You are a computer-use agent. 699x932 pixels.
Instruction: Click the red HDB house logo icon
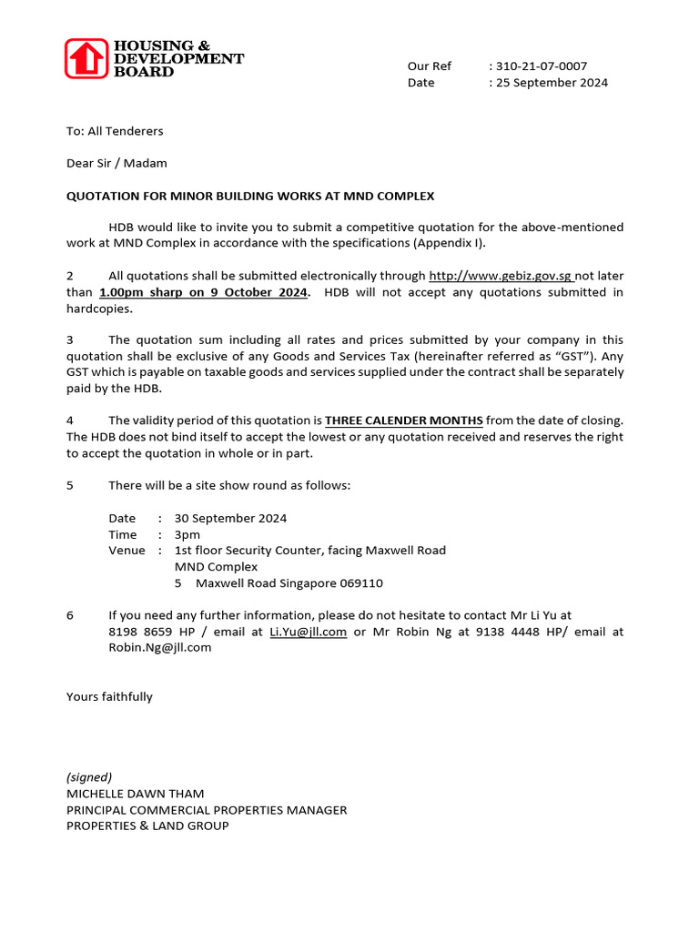[87, 58]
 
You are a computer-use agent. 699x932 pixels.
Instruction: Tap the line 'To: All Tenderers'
[115, 131]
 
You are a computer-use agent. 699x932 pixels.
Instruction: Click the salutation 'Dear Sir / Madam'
[116, 164]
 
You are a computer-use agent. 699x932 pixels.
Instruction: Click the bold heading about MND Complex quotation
[250, 197]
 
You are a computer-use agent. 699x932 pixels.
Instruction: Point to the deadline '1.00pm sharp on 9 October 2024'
[204, 292]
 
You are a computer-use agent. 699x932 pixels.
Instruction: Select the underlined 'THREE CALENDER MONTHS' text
[404, 420]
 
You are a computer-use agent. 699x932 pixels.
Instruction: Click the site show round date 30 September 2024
[230, 518]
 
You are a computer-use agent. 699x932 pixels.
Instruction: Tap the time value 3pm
[187, 534]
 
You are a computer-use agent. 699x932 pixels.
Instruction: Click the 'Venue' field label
[127, 551]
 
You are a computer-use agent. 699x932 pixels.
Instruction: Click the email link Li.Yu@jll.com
[309, 632]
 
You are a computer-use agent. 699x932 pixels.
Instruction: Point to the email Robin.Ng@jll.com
[160, 648]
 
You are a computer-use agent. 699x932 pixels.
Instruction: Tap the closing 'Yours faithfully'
[109, 697]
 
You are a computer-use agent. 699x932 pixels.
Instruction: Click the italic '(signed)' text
[89, 777]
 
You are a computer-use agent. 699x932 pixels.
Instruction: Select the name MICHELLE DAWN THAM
[136, 794]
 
